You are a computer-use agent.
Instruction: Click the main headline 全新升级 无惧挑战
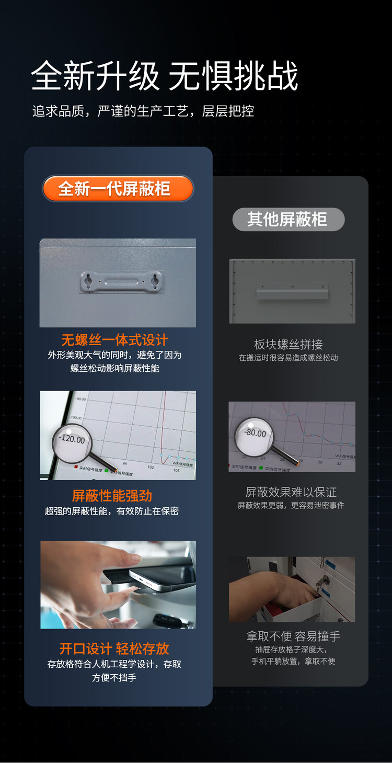pyautogui.click(x=164, y=76)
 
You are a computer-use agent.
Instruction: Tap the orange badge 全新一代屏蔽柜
pyautogui.click(x=118, y=188)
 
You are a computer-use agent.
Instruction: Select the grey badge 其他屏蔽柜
pyautogui.click(x=288, y=219)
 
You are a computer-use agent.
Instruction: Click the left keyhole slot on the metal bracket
pyautogui.click(x=88, y=281)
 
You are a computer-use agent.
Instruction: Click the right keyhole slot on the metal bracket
pyautogui.click(x=154, y=281)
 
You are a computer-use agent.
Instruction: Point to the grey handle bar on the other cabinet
pyautogui.click(x=292, y=293)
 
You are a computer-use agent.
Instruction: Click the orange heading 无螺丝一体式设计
pyautogui.click(x=114, y=340)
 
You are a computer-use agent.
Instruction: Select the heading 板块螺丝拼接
pyautogui.click(x=288, y=344)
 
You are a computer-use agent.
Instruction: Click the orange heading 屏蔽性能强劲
pyautogui.click(x=112, y=495)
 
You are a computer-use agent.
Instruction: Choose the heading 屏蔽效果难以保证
pyautogui.click(x=291, y=492)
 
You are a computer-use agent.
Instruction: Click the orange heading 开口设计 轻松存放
pyautogui.click(x=114, y=648)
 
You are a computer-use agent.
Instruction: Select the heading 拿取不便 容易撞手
pyautogui.click(x=293, y=636)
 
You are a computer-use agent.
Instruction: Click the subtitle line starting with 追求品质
pyautogui.click(x=143, y=111)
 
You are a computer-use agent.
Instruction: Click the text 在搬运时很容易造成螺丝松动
pyautogui.click(x=288, y=358)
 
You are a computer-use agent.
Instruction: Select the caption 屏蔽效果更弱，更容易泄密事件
pyautogui.click(x=291, y=505)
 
